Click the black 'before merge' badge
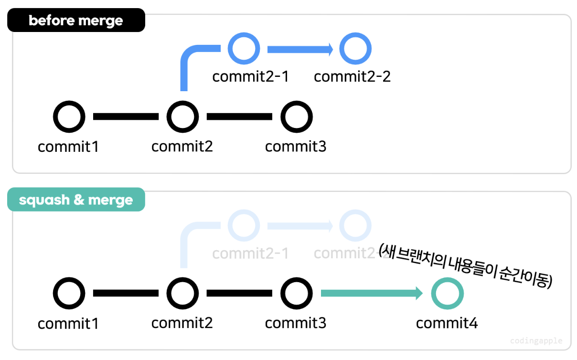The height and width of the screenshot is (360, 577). [x=76, y=21]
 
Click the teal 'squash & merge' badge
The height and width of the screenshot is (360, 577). [x=76, y=200]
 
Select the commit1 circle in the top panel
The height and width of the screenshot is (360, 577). [x=69, y=116]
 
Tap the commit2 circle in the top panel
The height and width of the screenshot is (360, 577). [x=182, y=116]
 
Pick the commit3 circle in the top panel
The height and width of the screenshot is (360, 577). [x=296, y=116]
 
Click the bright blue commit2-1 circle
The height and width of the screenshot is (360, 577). [x=244, y=49]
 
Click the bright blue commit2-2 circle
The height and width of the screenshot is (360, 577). [x=355, y=49]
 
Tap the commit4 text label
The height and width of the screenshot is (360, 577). [x=447, y=323]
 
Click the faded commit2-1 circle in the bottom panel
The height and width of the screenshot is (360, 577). [x=244, y=225]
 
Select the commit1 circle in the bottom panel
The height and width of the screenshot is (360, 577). [x=69, y=293]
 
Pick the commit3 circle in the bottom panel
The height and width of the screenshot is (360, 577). [x=296, y=293]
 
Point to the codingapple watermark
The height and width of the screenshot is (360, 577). [x=536, y=341]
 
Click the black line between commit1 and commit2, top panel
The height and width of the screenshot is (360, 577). [x=126, y=116]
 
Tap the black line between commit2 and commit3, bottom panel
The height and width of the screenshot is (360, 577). [x=239, y=293]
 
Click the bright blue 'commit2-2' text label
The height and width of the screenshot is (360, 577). [x=352, y=76]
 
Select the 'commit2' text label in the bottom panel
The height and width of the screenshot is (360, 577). [x=182, y=323]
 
